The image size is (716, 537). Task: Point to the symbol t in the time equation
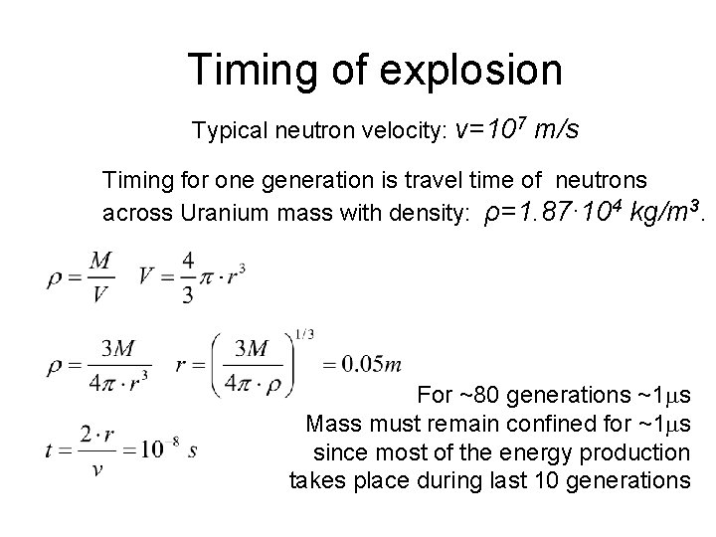click(x=50, y=450)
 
